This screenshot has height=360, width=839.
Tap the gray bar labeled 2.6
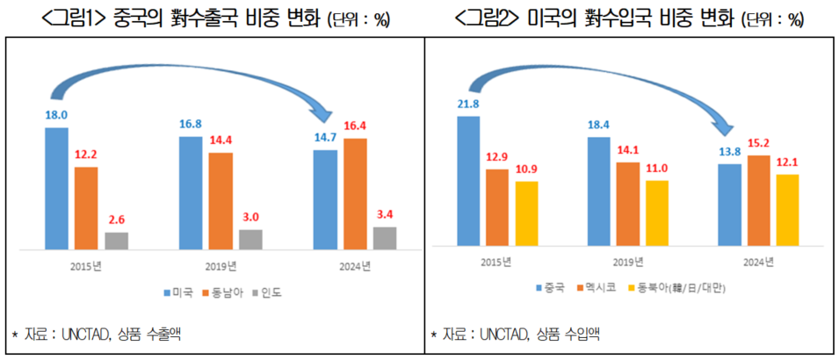point(116,240)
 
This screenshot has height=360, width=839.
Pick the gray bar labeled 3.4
point(384,237)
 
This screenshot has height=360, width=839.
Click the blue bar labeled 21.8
point(468,180)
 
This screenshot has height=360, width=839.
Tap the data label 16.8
point(191,123)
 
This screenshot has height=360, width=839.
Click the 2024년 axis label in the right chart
point(757,262)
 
